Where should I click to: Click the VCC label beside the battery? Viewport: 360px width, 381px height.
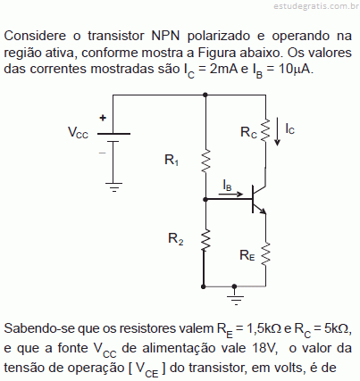click(x=78, y=132)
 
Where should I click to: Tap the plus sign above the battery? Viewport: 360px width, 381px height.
click(x=103, y=118)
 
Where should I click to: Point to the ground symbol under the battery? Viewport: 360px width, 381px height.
click(x=113, y=187)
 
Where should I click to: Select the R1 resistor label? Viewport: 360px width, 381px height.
click(x=172, y=160)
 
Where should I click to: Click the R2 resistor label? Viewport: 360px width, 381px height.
click(x=175, y=239)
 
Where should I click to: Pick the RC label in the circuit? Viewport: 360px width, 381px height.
click(x=248, y=132)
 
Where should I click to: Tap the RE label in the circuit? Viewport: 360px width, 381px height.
click(x=247, y=255)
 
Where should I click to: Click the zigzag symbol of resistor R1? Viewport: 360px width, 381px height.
click(x=205, y=162)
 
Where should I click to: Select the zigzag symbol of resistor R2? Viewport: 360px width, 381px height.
click(x=205, y=240)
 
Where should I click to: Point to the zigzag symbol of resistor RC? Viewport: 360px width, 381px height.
click(x=265, y=130)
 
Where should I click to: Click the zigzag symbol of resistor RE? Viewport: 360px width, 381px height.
click(x=265, y=253)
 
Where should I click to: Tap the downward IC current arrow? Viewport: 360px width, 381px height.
click(x=278, y=131)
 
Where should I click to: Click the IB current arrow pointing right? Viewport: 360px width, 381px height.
click(x=230, y=195)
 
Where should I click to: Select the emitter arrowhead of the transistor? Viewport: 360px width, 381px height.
click(x=264, y=211)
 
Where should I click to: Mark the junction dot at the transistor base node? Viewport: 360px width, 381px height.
click(x=205, y=199)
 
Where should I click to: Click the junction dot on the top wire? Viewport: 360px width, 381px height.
click(x=205, y=95)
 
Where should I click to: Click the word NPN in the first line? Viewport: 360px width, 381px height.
click(x=165, y=36)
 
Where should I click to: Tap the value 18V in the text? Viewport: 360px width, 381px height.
click(x=264, y=348)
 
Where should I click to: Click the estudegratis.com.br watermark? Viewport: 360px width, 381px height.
click(x=316, y=6)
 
